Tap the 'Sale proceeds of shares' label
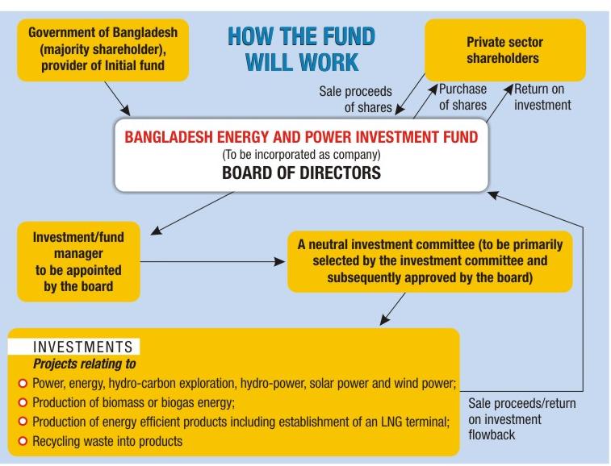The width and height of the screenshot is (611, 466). click(x=355, y=98)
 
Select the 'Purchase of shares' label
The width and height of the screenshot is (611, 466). click(x=462, y=97)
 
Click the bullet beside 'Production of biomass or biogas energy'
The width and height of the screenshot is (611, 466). click(x=23, y=402)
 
